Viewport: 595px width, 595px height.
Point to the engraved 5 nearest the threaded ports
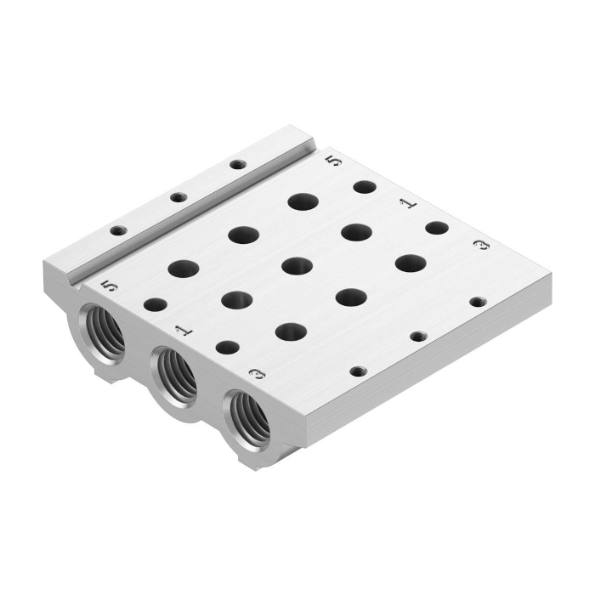pos(109,286)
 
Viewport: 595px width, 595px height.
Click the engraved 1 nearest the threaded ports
pos(184,331)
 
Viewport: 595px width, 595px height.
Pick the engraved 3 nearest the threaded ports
pos(258,375)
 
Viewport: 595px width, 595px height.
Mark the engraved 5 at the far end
pos(334,161)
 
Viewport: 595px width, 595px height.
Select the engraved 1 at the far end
pos(408,204)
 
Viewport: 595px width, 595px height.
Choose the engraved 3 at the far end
pos(482,246)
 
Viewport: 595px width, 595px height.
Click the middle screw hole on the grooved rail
pos(178,197)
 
